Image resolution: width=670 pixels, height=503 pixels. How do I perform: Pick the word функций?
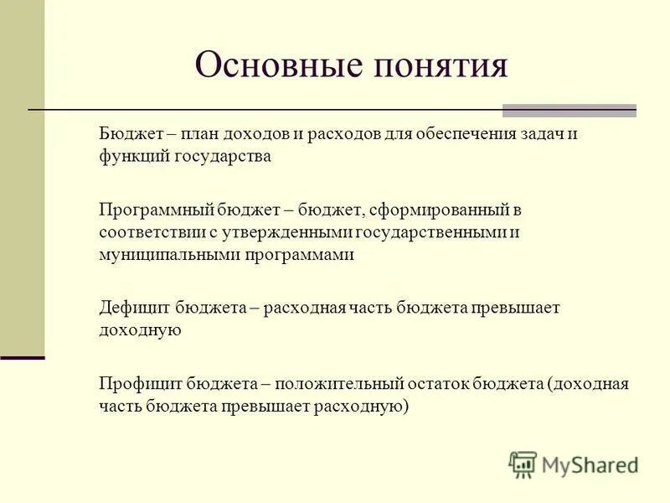click(x=133, y=157)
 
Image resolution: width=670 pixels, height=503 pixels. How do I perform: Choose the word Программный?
click(x=154, y=210)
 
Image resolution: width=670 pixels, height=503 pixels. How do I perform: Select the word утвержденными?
click(x=286, y=231)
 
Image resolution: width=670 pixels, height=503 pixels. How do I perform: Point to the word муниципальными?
click(x=169, y=254)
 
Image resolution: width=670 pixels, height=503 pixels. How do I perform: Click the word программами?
click(x=299, y=254)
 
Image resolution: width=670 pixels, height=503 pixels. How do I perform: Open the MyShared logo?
click(x=574, y=464)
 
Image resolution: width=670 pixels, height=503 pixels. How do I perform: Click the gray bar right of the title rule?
click(x=569, y=110)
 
